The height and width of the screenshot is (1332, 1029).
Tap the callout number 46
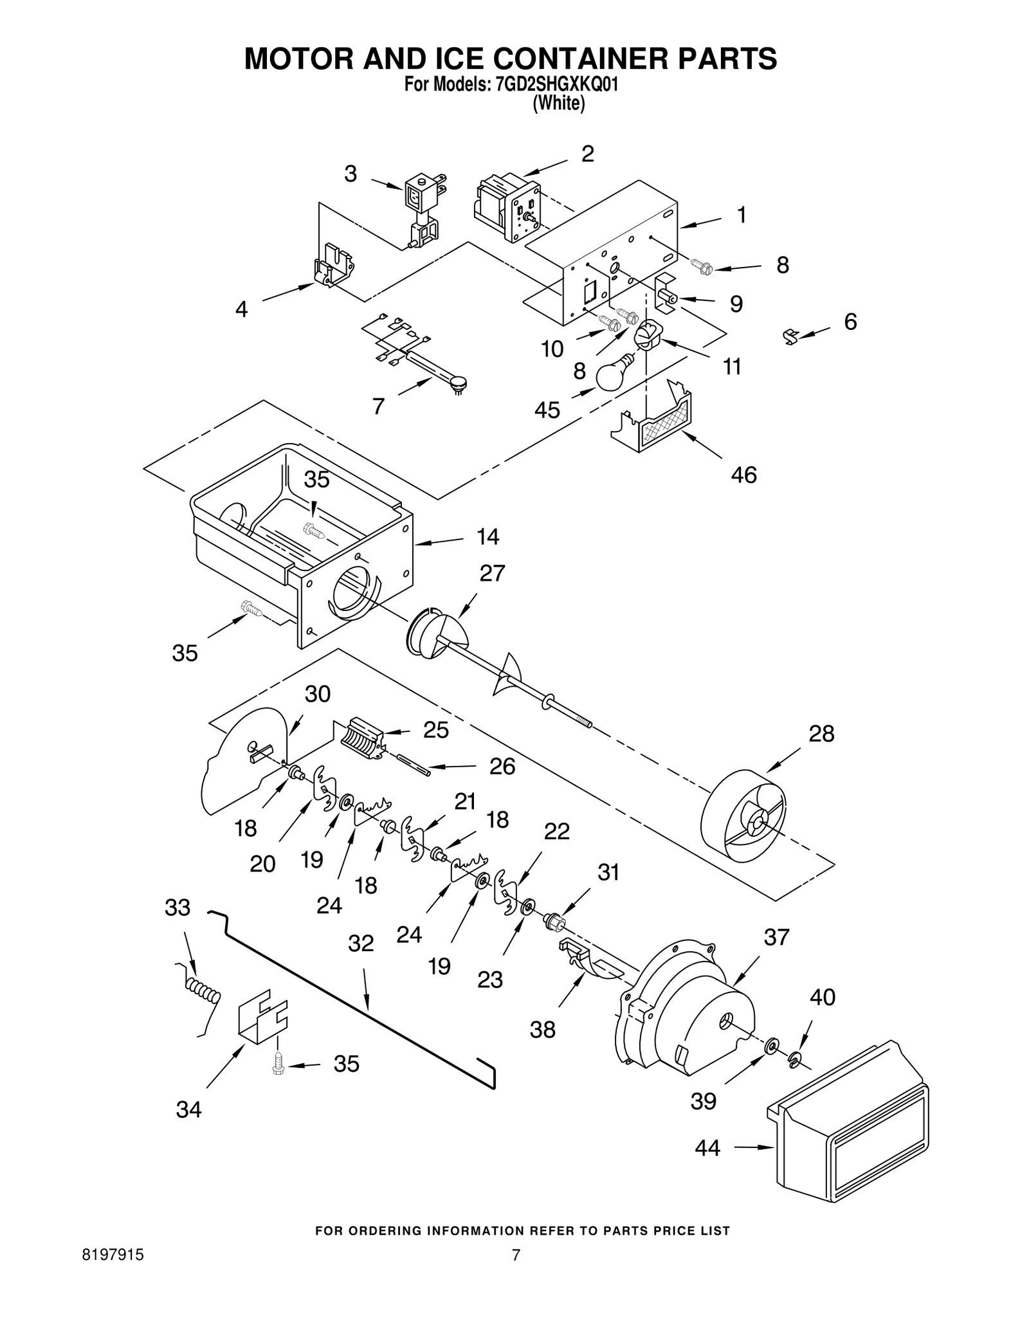pos(743,475)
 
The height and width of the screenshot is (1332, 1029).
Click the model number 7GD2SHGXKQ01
pos(557,86)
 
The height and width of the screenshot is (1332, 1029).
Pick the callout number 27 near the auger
pos(492,572)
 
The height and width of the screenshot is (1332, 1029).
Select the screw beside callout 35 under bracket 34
pos(278,1064)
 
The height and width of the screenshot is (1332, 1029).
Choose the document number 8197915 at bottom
pos(113,1255)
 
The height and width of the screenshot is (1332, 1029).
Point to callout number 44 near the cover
pos(707,1147)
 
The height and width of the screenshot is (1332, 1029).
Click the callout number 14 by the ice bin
pos(487,536)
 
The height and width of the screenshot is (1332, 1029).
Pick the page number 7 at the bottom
pos(515,1255)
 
